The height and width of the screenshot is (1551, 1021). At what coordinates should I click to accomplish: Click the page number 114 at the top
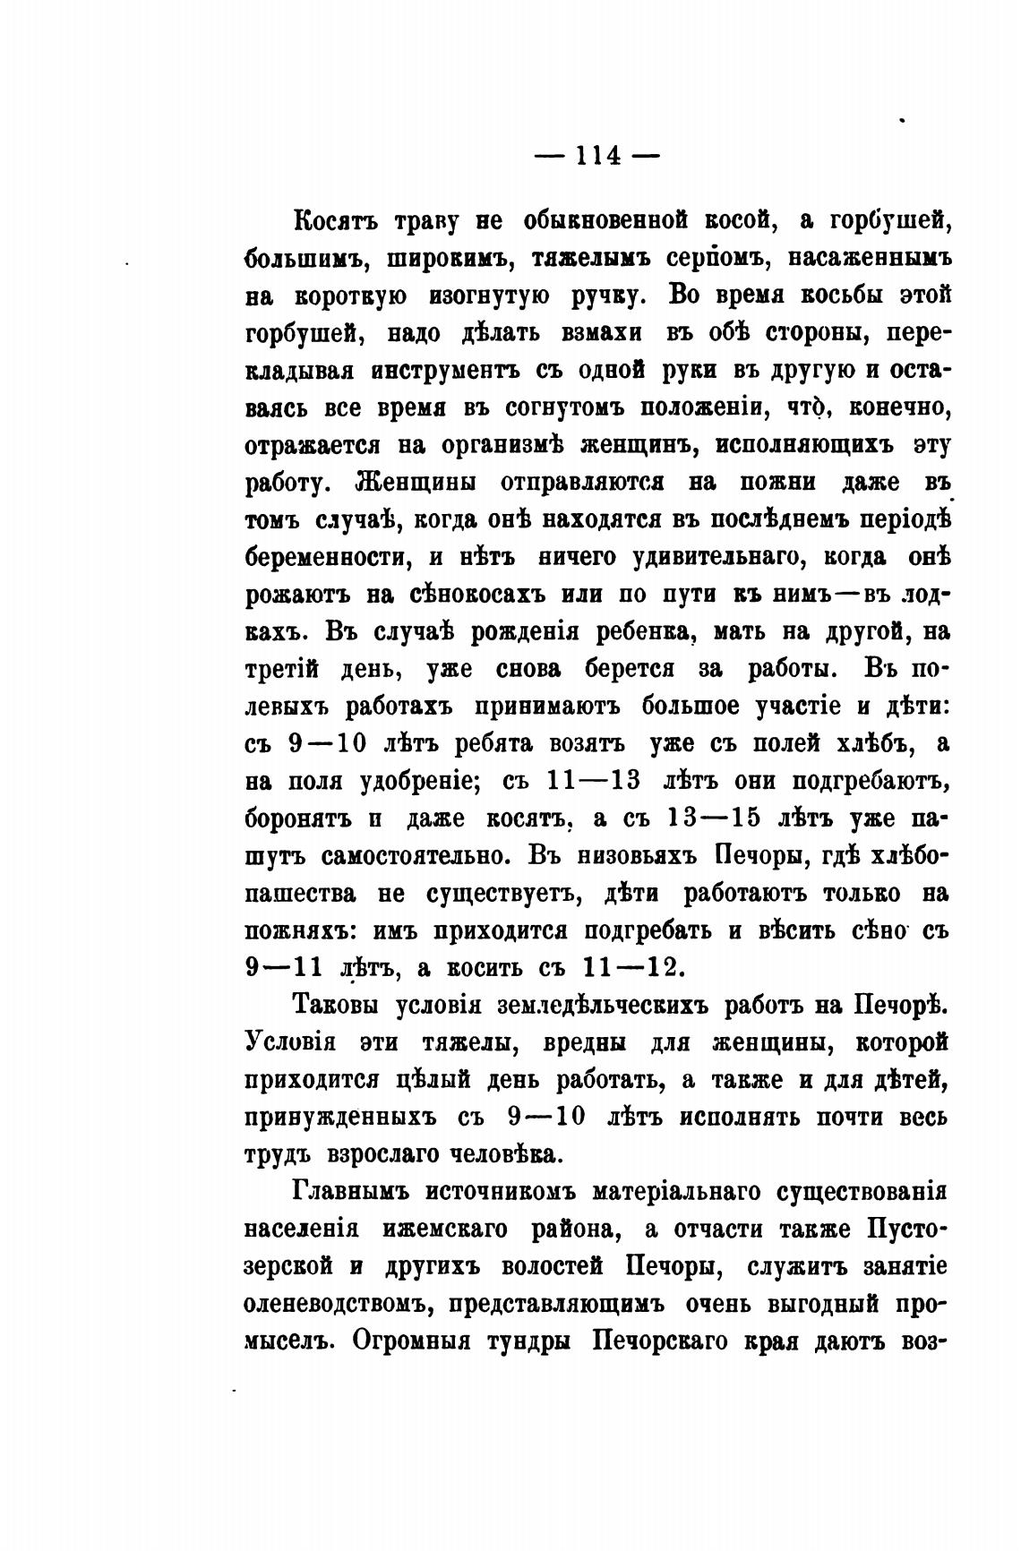(x=597, y=155)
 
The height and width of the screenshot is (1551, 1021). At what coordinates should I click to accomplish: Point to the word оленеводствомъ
(x=339, y=1305)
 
